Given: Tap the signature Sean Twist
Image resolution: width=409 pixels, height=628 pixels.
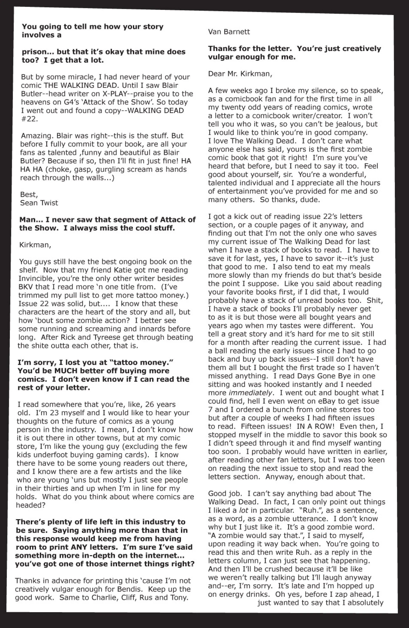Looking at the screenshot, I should [x=39, y=203].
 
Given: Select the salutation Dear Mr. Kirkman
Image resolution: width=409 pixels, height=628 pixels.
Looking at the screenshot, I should [x=240, y=74].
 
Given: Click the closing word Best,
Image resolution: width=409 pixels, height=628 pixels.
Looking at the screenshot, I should [x=29, y=195].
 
